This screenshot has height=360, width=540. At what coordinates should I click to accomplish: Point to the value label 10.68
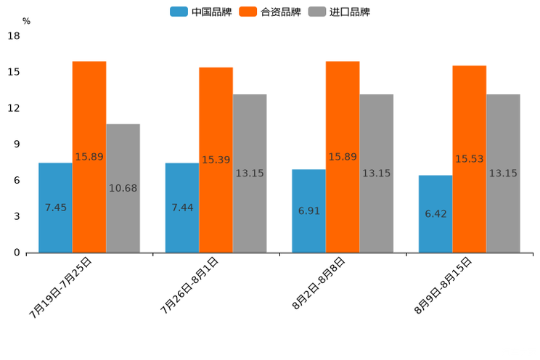coord(123,189)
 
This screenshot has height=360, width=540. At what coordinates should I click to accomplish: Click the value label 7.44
coord(182,208)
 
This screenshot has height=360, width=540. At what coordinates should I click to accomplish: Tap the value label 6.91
coord(309,211)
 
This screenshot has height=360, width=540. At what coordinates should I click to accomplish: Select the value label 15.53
coord(470,159)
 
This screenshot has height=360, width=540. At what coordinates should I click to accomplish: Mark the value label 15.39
coord(216,160)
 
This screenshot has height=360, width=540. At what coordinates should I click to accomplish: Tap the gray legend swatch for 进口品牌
coord(317,12)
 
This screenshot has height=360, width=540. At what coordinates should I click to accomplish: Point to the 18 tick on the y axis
coord(13,36)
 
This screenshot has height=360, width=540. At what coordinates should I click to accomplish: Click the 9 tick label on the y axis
coord(16,144)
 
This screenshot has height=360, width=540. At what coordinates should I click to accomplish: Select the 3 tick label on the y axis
coord(16,216)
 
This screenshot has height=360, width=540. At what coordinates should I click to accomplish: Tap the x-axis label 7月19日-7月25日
coord(61,287)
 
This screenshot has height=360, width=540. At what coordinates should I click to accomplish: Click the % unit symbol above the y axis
coord(26,21)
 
